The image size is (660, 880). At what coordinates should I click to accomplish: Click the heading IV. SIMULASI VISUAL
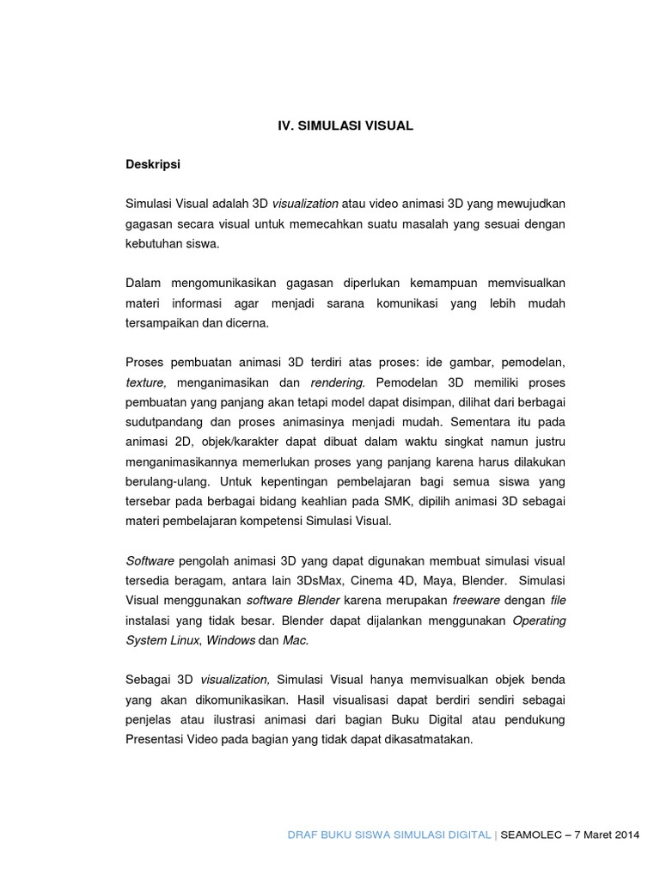(x=345, y=125)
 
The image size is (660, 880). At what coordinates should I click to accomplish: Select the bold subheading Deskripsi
(x=153, y=164)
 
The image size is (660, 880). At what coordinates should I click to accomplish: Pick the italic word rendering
(x=338, y=382)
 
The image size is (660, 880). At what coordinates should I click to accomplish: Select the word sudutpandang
(x=162, y=422)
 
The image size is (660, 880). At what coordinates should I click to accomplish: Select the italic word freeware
(x=476, y=600)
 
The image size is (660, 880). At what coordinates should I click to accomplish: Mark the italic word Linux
(x=183, y=640)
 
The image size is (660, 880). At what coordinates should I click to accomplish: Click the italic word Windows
(x=230, y=640)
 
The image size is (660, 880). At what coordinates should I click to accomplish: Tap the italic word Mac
(x=295, y=640)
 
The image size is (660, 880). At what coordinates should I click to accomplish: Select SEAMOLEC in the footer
(x=530, y=834)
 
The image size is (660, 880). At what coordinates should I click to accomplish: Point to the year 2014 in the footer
(x=625, y=834)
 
